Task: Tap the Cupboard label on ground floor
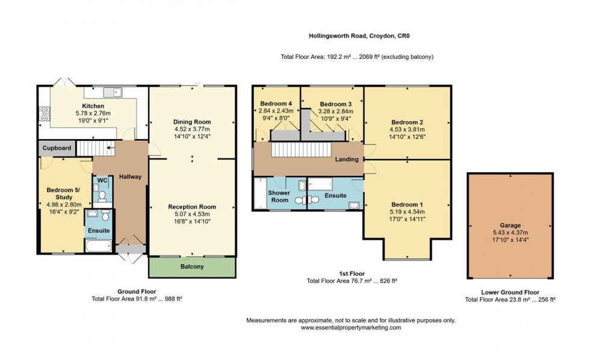point(57,148)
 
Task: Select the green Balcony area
point(191,267)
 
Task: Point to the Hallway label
point(129,176)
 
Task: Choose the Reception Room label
point(192,207)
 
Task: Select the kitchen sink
point(113,92)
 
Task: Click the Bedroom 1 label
point(407,203)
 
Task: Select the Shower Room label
point(279,196)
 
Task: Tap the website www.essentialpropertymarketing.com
point(350,327)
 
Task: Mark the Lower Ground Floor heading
point(509,292)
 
